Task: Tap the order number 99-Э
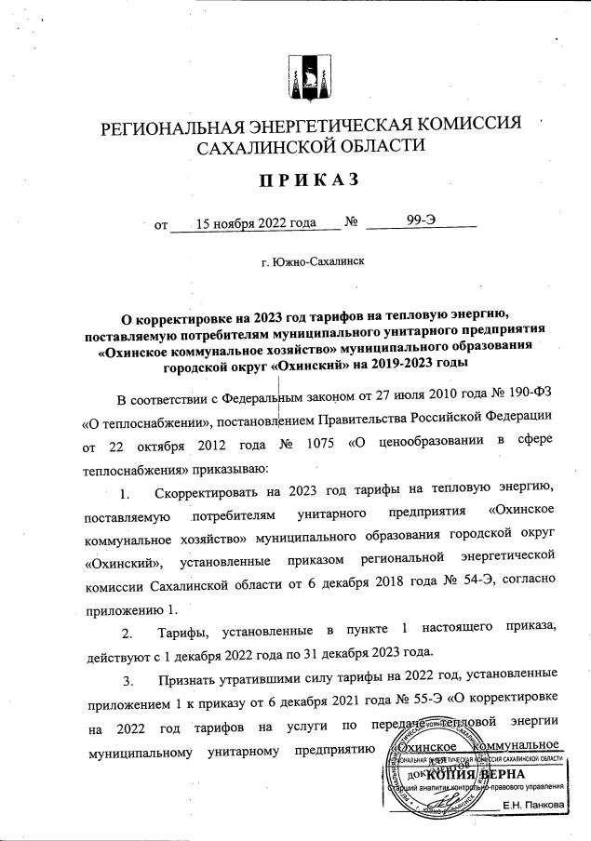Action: click(x=422, y=222)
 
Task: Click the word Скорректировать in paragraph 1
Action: click(x=221, y=491)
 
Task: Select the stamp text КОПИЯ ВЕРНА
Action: click(x=477, y=774)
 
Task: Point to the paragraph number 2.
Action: click(x=128, y=633)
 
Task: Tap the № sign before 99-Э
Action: click(x=352, y=223)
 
